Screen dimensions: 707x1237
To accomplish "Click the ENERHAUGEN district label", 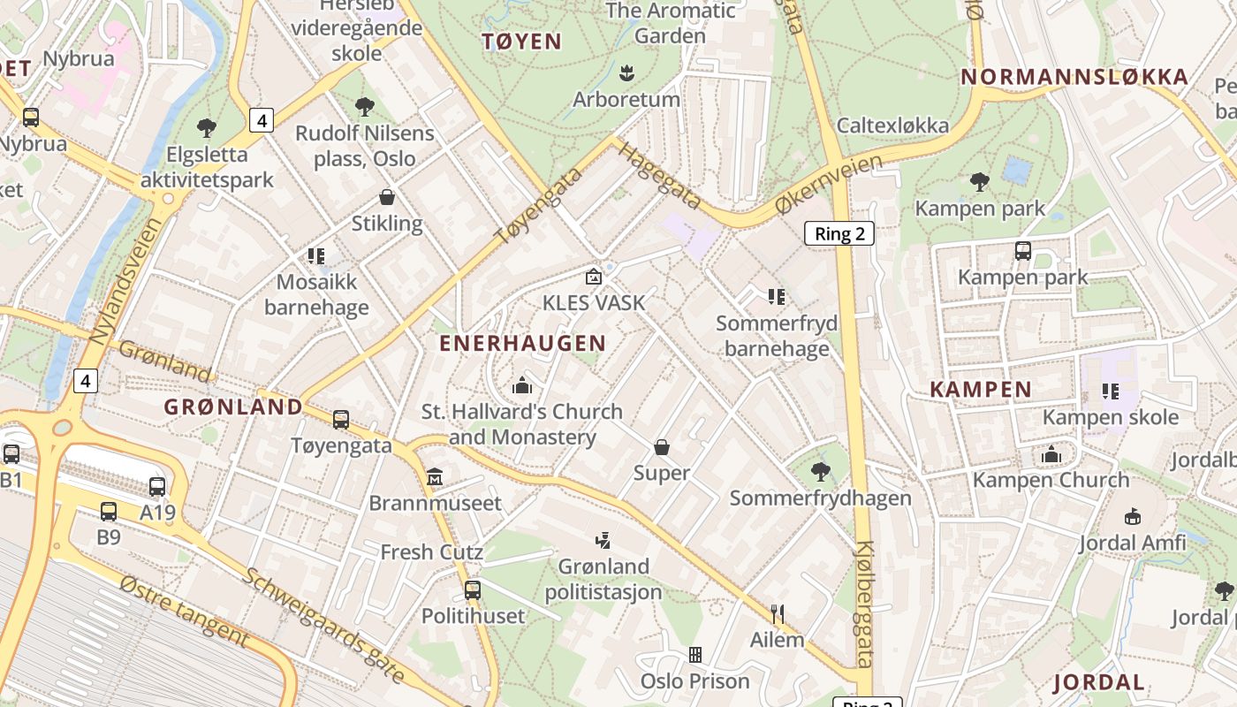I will click(x=522, y=343).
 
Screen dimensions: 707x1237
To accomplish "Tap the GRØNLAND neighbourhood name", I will click(x=233, y=407).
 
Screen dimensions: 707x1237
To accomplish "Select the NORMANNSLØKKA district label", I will click(x=1074, y=77).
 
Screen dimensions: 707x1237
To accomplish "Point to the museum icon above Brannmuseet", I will click(x=434, y=477).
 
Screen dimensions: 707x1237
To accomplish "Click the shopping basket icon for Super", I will click(x=661, y=447).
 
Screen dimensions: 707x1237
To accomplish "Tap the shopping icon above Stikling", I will click(x=386, y=196).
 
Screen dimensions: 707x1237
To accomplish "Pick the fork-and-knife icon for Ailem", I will click(x=778, y=613).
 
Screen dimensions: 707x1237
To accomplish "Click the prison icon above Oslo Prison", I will click(x=695, y=655).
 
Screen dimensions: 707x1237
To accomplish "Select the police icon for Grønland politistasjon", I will click(x=603, y=540).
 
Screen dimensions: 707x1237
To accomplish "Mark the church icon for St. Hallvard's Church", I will click(x=522, y=385).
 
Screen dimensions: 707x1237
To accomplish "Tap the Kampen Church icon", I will click(x=1051, y=454).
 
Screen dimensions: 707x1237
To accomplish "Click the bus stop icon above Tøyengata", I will click(x=341, y=420).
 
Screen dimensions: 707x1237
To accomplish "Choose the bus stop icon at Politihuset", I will click(x=473, y=589).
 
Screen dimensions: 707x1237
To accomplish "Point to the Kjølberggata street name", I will click(x=864, y=604).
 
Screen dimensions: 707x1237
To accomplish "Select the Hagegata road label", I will click(x=658, y=176).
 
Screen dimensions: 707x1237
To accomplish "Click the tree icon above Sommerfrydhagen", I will click(x=821, y=472).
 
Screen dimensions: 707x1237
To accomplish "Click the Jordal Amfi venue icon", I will click(x=1132, y=516).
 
